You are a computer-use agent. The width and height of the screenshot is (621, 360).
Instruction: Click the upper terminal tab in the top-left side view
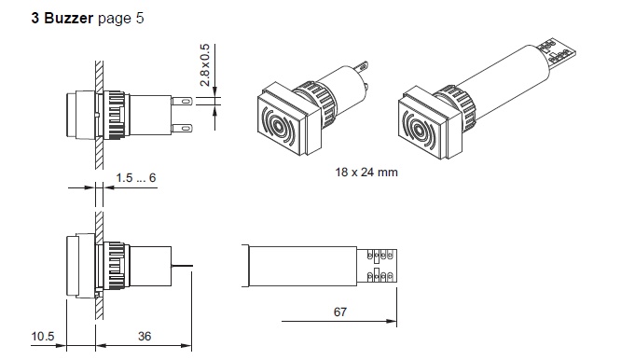coord(186,99)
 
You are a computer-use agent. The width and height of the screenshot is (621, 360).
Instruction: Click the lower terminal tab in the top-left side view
coord(186,127)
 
